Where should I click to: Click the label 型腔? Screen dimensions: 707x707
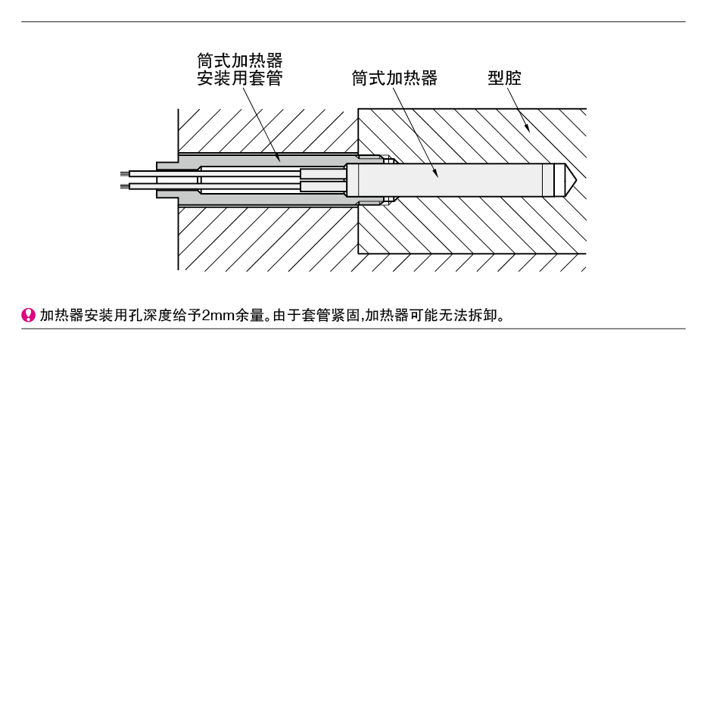505,78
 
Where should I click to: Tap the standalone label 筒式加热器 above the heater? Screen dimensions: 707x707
394,78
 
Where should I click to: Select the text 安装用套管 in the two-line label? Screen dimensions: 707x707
240,78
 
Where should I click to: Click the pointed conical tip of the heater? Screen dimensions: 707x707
571,180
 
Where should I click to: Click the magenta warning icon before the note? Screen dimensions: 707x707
29,315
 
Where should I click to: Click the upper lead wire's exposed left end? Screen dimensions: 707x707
125,174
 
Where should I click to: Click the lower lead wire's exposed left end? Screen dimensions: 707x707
125,186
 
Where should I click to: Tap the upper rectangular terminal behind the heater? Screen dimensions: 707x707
322,173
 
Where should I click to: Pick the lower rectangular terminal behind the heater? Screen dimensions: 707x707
322,187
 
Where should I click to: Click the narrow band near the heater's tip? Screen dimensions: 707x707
548,180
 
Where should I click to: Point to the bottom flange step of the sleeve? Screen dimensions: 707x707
167,194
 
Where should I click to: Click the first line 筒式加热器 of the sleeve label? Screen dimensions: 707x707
240,61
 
